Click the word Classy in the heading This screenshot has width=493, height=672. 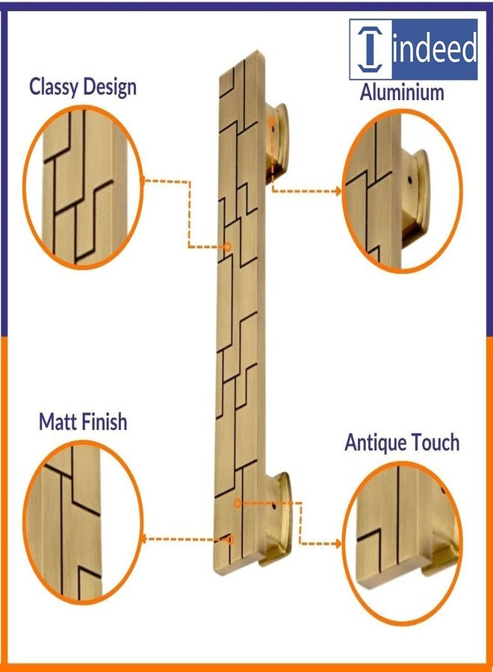tap(54, 87)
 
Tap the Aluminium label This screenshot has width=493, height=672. tap(402, 92)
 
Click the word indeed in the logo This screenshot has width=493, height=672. tap(434, 48)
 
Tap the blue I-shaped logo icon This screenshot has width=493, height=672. tap(370, 49)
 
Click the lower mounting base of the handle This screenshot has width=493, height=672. tap(278, 519)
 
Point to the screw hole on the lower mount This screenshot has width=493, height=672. tap(273, 508)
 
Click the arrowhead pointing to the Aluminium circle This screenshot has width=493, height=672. tap(338, 191)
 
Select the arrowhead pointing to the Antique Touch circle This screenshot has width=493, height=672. tap(338, 544)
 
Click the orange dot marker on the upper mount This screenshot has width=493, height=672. tap(271, 121)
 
